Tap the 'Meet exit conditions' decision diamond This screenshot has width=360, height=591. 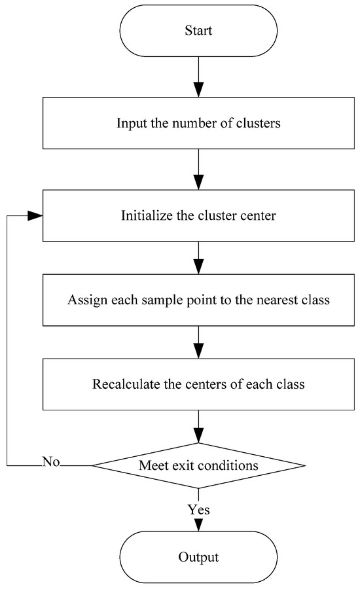tap(198, 465)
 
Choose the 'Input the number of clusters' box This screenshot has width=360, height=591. tap(198, 123)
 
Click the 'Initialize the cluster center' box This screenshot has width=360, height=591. tap(198, 215)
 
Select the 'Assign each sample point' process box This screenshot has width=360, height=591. tap(198, 301)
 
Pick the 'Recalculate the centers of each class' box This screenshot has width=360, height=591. tap(198, 384)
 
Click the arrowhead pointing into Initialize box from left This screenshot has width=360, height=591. tap(37, 216)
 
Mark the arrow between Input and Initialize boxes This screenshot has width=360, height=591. tap(198, 170)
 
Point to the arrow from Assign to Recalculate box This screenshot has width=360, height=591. tap(198, 343)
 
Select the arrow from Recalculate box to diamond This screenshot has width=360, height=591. tap(198, 427)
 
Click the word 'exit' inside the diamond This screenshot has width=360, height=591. tap(194, 465)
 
